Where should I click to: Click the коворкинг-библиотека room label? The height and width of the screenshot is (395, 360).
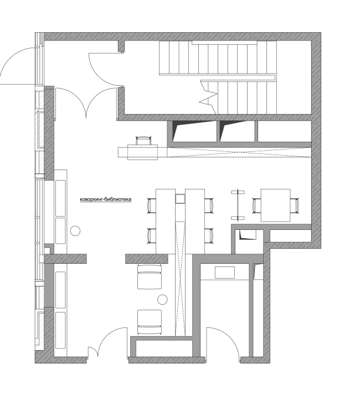click(106, 199)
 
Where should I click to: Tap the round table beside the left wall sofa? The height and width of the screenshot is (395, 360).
click(75, 231)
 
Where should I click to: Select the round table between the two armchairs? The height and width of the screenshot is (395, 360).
click(162, 300)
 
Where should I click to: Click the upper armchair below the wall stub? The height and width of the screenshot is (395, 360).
click(150, 277)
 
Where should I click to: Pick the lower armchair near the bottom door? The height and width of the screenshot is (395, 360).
click(150, 322)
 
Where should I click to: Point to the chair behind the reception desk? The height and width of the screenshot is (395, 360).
click(143, 140)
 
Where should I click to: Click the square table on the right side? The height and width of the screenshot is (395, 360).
click(275, 206)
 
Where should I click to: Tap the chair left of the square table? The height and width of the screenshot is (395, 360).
click(257, 206)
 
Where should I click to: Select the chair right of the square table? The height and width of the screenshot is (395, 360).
click(294, 206)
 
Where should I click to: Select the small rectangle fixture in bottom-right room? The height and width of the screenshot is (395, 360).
click(225, 273)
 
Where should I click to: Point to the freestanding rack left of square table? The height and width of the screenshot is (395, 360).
click(238, 204)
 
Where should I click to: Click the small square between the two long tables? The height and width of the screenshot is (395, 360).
click(180, 199)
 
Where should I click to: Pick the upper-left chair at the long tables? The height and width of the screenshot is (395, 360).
click(151, 206)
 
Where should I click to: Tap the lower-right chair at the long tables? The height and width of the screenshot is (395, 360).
click(209, 236)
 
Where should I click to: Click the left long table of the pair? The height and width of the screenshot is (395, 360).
click(166, 221)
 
